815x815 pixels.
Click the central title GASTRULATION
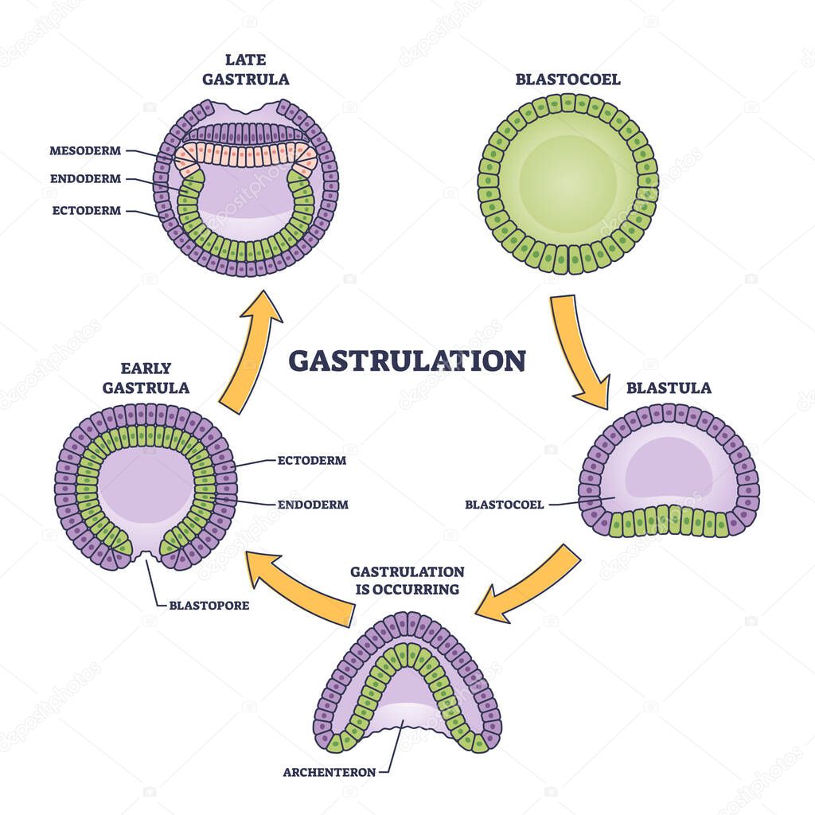407,361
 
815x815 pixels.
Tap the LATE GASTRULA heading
245,71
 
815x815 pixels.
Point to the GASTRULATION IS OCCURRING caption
407,580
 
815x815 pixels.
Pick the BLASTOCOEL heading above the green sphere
567,80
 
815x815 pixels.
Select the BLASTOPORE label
209,605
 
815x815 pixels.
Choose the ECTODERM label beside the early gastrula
311,460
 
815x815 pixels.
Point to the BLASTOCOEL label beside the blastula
504,504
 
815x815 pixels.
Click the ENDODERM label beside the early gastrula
312,504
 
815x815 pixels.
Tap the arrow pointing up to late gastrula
251,350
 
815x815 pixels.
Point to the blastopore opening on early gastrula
146,560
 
